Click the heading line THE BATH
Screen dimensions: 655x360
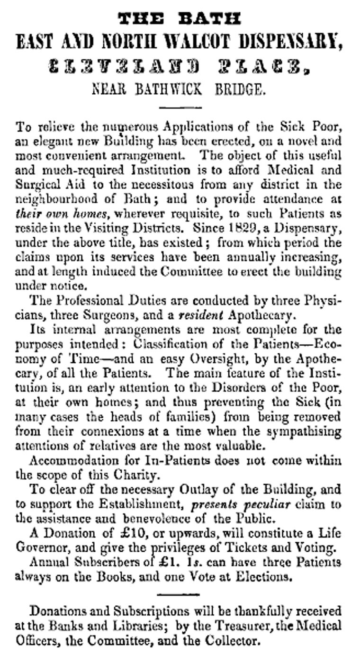(x=180, y=19)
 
